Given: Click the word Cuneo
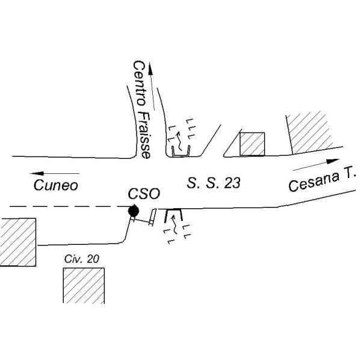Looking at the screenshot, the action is (56, 185).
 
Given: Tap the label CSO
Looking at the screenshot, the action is (144, 194).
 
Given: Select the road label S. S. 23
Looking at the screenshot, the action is (214, 183).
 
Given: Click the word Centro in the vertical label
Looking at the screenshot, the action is (140, 84).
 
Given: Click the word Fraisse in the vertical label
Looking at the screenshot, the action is (144, 135).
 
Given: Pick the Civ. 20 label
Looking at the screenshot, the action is (82, 259).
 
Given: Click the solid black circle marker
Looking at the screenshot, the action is (134, 211).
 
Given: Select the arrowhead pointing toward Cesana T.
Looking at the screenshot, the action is (333, 161).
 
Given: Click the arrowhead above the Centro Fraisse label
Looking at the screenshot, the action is (150, 69).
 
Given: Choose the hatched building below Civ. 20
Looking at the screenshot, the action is (84, 285).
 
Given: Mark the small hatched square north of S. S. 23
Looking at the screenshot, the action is (252, 144).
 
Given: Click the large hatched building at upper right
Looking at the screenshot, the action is (310, 132).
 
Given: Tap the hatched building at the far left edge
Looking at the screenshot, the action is (17, 242).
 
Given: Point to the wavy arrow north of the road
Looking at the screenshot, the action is (179, 141).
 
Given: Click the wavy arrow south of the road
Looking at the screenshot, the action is (174, 224).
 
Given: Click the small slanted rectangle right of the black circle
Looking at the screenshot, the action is (153, 217).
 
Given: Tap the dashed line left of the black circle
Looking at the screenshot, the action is (69, 206).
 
